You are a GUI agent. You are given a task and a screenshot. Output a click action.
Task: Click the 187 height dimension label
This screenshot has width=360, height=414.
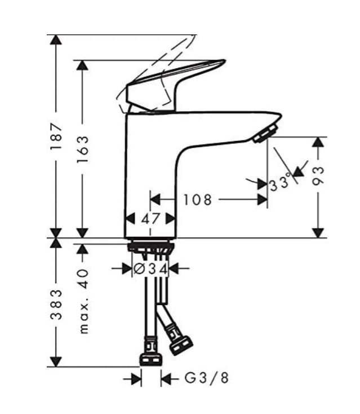tap(56, 136)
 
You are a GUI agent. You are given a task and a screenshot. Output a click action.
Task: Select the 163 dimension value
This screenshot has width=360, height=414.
tap(83, 149)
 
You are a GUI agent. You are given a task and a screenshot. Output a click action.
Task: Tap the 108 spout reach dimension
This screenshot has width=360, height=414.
tap(198, 200)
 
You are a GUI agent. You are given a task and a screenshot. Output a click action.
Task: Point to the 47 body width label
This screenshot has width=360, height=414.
tap(150, 219)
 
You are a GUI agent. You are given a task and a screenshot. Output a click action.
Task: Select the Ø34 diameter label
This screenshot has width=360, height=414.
tap(150, 269)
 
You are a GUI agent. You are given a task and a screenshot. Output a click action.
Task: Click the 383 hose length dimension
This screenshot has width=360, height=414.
tap(56, 305)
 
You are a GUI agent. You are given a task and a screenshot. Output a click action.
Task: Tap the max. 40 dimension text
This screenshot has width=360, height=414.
tap(84, 301)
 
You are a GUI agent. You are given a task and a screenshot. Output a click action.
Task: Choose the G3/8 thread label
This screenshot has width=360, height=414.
tap(206, 378)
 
